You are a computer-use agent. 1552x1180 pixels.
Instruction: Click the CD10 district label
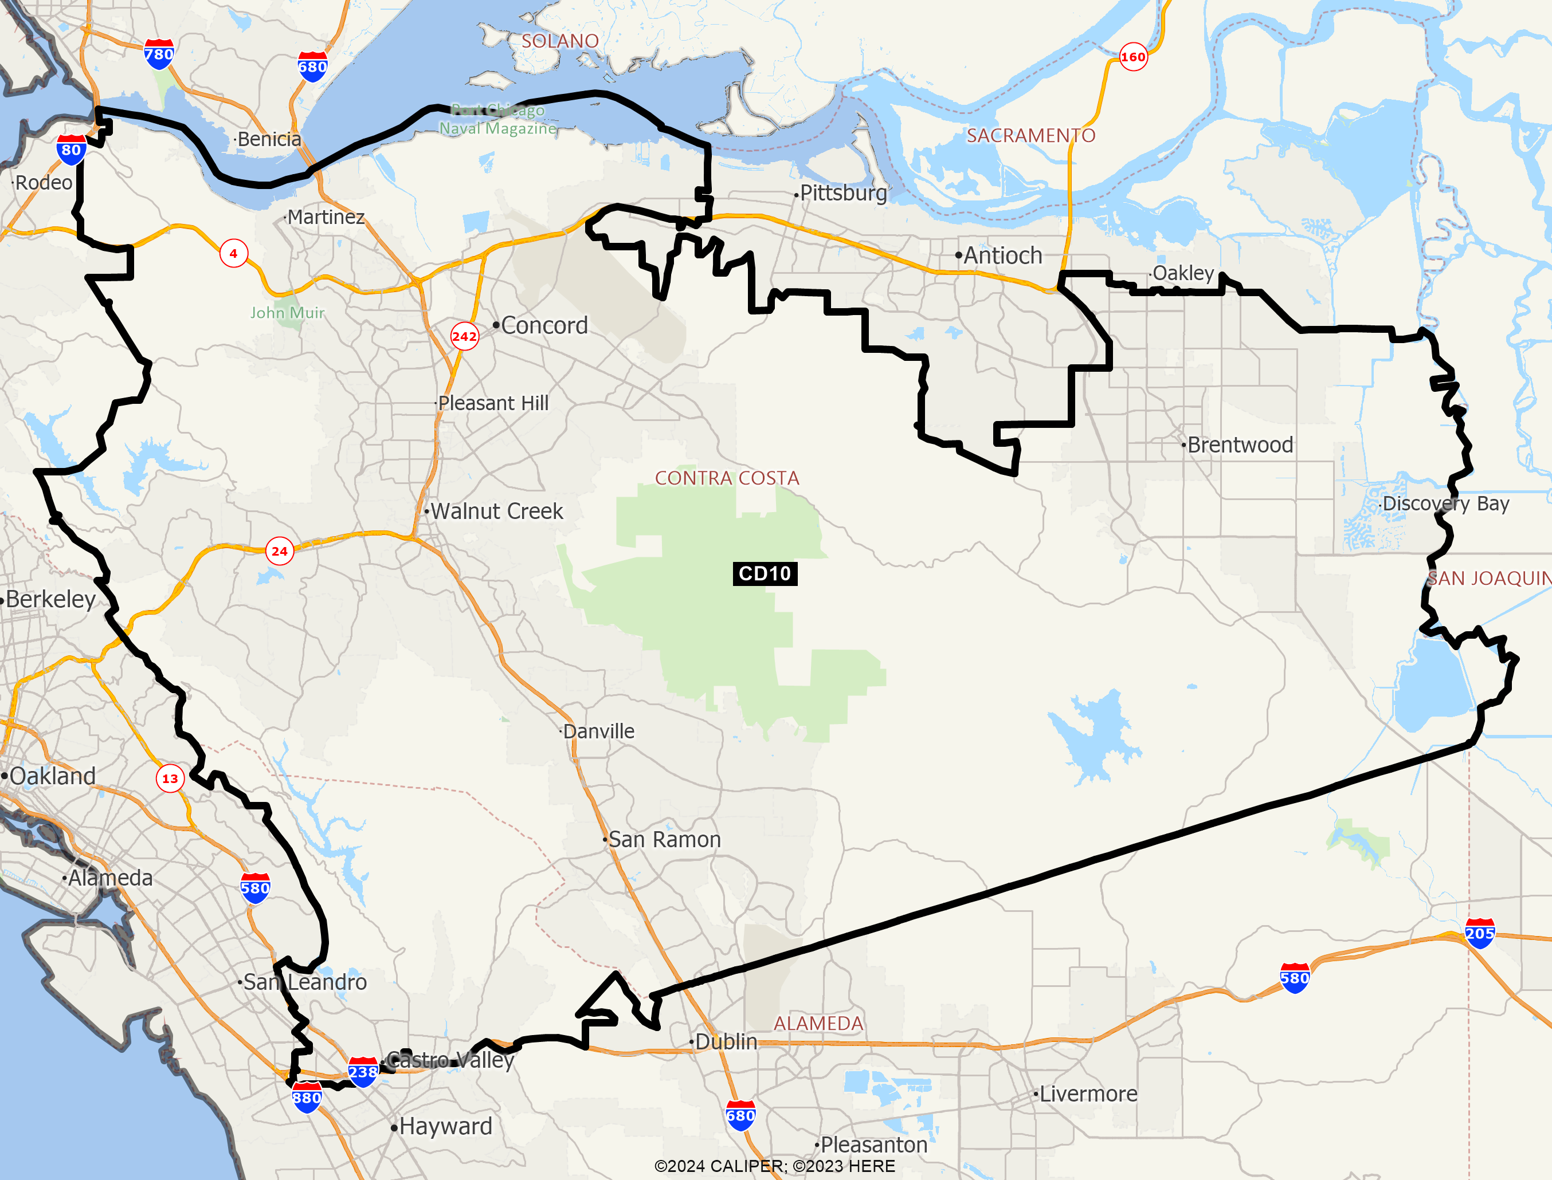(765, 573)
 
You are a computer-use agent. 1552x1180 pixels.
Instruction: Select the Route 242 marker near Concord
(464, 336)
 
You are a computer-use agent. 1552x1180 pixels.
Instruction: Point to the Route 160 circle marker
(1132, 57)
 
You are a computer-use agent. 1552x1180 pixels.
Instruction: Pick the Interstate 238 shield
(363, 1072)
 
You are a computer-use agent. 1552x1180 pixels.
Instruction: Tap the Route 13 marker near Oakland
(170, 778)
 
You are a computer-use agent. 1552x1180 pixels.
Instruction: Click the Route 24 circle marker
(280, 552)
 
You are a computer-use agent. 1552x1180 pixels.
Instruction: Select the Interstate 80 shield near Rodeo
(71, 150)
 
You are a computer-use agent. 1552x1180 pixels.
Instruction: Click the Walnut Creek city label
(496, 512)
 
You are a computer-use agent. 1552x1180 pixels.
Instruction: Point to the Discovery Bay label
(1445, 504)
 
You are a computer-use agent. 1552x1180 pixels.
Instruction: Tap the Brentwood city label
(1239, 445)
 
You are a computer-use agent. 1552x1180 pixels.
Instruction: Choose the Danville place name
(598, 731)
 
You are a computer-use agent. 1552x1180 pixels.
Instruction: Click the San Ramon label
(664, 839)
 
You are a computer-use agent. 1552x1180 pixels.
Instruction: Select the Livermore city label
(1088, 1094)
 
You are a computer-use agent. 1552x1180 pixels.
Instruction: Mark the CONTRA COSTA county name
(727, 478)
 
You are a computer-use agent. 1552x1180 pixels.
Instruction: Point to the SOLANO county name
(560, 41)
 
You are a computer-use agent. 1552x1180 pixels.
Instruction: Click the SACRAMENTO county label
(1030, 136)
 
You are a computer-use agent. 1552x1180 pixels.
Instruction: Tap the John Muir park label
(287, 313)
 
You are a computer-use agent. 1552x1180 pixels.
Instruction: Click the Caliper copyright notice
(774, 1166)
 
